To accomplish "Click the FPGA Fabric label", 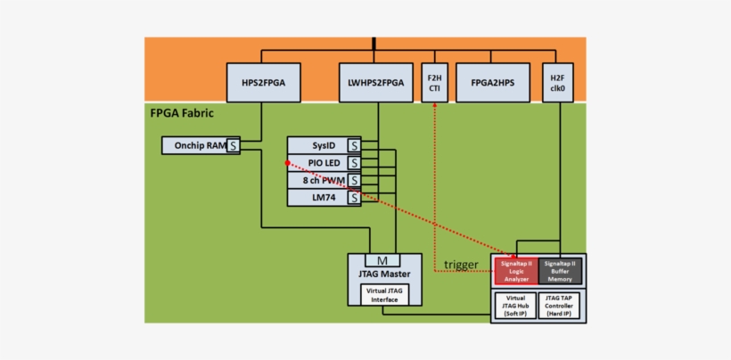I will pos(183,113).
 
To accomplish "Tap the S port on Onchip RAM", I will pos(234,145).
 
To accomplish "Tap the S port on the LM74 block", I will pos(354,198).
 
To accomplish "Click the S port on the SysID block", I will pos(354,145).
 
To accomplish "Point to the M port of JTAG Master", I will pos(382,260).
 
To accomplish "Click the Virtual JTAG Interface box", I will pos(383,294).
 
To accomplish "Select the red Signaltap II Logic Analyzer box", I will pos(516,271).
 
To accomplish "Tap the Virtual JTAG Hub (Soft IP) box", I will pos(515,306).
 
